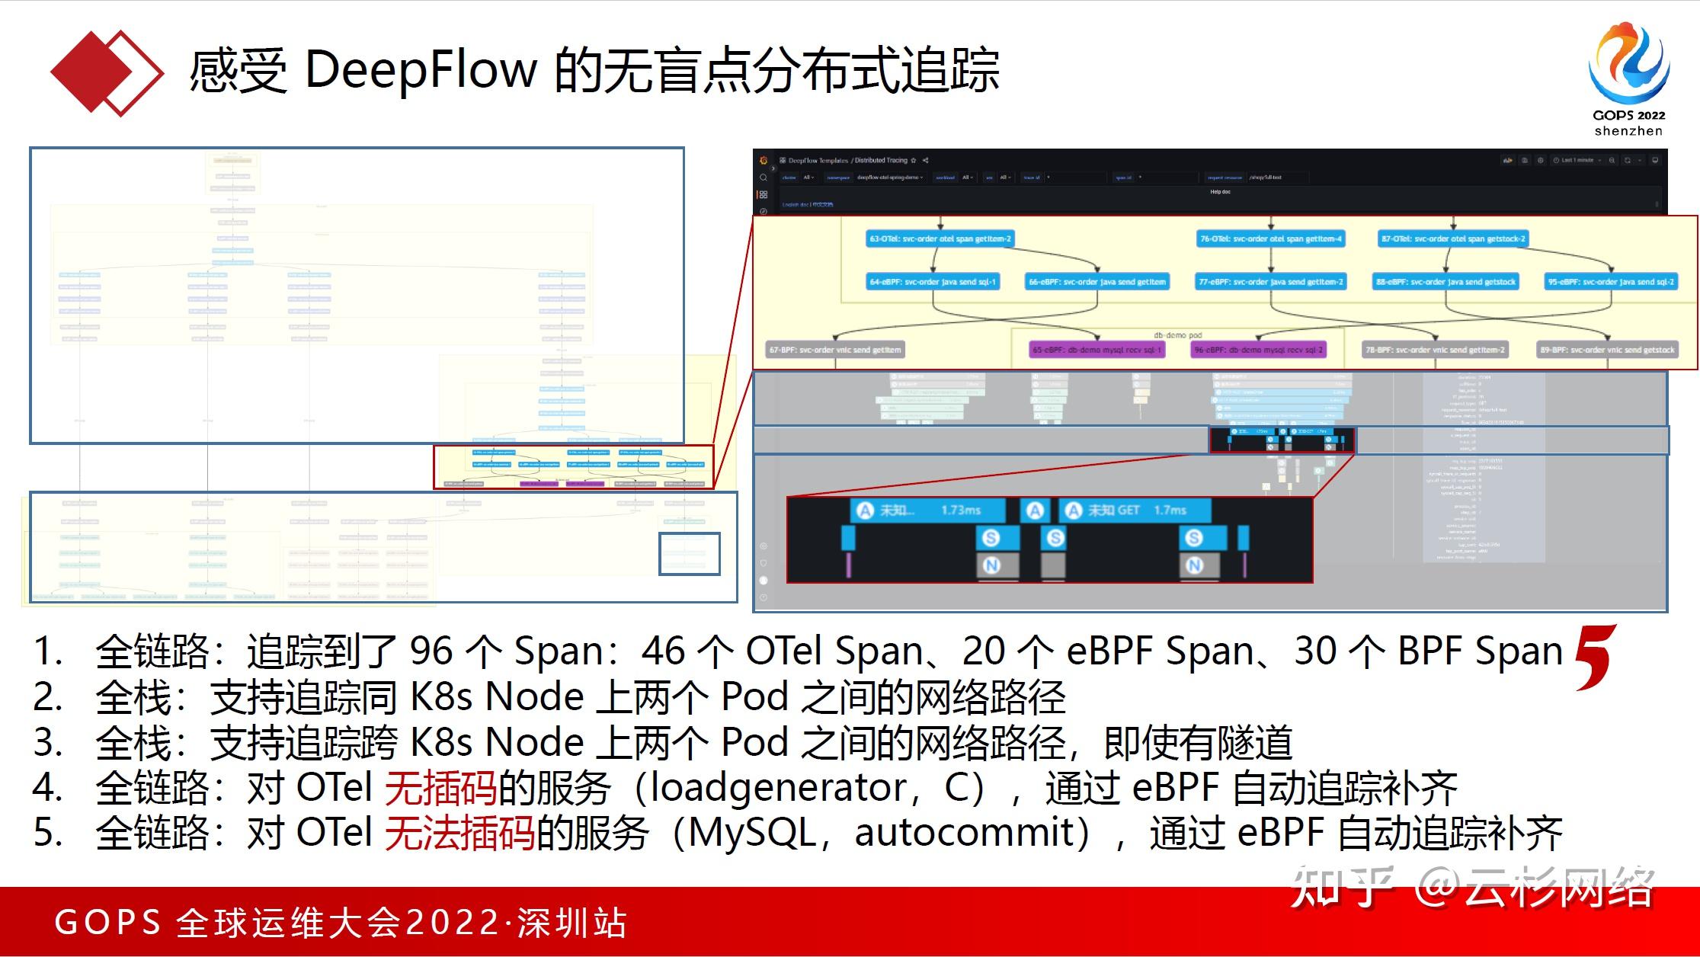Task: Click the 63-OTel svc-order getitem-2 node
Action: [x=940, y=239]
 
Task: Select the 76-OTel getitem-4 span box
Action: [x=1271, y=239]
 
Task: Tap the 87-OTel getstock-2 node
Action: [x=1453, y=239]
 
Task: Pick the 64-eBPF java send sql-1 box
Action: [x=933, y=282]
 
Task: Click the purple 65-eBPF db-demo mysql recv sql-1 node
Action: [x=1097, y=350]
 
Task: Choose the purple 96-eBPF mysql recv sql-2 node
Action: [x=1258, y=350]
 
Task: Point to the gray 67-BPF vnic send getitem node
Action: [x=835, y=350]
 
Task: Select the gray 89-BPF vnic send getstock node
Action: [x=1607, y=350]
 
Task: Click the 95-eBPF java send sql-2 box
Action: [x=1611, y=282]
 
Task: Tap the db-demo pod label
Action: [x=1177, y=335]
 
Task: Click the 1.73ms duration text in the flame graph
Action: [x=960, y=511]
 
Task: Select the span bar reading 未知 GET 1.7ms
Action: [x=1134, y=511]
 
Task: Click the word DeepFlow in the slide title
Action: [x=421, y=70]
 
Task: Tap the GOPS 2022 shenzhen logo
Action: [x=1629, y=80]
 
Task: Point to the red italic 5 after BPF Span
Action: [x=1595, y=657]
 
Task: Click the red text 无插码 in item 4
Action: [x=440, y=788]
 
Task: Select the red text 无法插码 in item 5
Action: [x=459, y=833]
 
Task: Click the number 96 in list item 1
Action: [x=431, y=651]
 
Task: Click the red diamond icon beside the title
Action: [x=107, y=72]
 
